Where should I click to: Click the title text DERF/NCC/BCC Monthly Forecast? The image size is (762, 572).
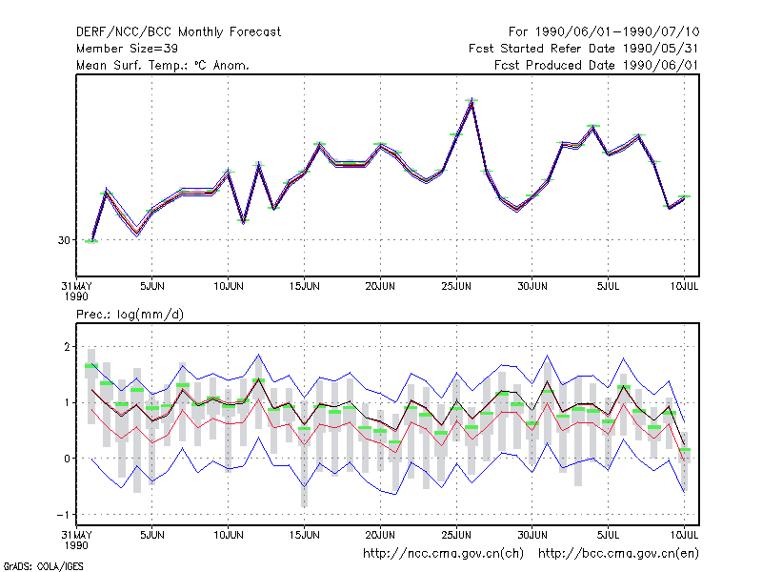click(178, 32)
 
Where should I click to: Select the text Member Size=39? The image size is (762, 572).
click(127, 49)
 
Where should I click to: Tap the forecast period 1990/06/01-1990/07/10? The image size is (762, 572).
click(617, 32)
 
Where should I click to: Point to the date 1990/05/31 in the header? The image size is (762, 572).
click(660, 49)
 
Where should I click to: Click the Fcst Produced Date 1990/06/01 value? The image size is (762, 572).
click(660, 65)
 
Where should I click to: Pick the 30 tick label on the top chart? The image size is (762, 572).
click(64, 240)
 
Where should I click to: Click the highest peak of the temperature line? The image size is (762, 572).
click(471, 100)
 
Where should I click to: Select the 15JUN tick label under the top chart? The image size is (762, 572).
click(304, 286)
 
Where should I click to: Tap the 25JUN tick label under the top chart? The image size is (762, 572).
click(456, 286)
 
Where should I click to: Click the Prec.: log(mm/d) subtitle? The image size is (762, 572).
click(130, 315)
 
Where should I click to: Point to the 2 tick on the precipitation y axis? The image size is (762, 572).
click(67, 347)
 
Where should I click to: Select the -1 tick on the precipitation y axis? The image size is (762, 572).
click(64, 515)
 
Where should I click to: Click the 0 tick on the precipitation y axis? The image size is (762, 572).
click(67, 459)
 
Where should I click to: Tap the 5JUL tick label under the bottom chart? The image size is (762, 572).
click(608, 535)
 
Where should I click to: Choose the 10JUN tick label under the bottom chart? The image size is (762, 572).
click(229, 535)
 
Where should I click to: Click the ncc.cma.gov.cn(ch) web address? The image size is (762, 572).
click(443, 554)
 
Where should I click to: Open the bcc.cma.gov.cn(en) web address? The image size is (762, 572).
click(618, 554)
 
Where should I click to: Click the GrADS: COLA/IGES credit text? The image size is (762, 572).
click(44, 566)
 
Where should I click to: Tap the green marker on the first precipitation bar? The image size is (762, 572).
click(91, 366)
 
